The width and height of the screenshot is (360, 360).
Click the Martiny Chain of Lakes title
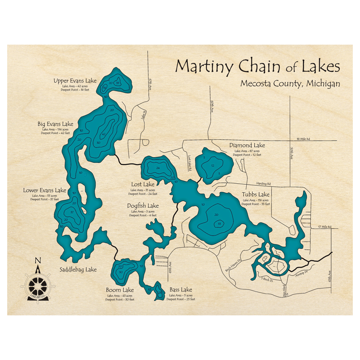point(257,67)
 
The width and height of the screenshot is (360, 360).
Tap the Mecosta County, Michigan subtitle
point(290,84)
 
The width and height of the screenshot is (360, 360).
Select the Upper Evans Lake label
point(75,81)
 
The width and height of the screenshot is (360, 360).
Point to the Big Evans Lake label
point(55,124)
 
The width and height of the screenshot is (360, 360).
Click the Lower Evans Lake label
point(45,190)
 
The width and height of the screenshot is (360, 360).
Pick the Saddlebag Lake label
point(78,269)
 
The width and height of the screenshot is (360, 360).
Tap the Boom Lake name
point(120,290)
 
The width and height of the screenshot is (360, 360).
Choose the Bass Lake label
point(181,290)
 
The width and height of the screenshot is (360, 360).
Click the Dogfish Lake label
point(143,206)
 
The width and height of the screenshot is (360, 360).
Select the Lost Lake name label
point(143,185)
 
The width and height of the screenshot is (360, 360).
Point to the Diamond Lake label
point(247,145)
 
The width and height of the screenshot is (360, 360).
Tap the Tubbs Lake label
point(256,195)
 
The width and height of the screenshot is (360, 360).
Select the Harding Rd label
point(264,184)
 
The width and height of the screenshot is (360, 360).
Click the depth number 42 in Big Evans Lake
point(103,135)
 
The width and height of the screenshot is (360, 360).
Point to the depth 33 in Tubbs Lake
point(219,224)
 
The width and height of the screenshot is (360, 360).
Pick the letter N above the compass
point(38,261)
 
